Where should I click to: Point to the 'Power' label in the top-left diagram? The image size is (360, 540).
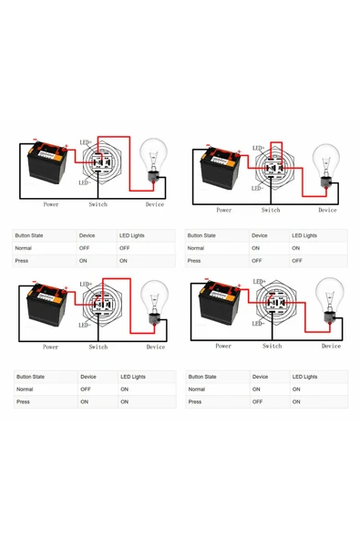[x=51, y=204]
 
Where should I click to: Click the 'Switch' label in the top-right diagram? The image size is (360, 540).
[x=271, y=210]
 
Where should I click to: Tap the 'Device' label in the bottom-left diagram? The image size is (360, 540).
[x=156, y=347]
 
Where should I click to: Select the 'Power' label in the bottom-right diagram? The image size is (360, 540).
[x=223, y=346]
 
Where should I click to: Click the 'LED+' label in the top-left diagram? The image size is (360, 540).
[x=85, y=142]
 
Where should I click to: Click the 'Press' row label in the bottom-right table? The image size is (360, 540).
[x=195, y=401]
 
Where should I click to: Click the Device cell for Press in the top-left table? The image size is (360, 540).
[x=84, y=261]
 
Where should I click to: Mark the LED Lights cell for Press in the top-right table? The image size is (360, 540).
[x=296, y=261]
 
